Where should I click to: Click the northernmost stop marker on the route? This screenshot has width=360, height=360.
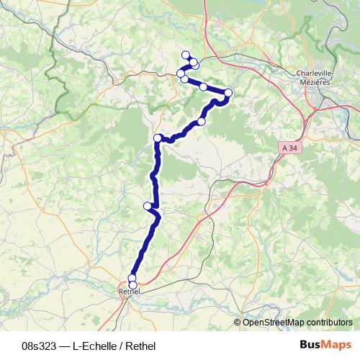point(186,55)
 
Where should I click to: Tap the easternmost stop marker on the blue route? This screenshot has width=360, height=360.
point(228,92)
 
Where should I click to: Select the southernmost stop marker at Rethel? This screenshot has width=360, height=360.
point(132,285)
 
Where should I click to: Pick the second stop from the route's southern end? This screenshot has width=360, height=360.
point(132,278)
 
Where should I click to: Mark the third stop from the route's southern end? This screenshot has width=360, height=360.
point(148,206)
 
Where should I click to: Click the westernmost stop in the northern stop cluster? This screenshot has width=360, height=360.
point(181,73)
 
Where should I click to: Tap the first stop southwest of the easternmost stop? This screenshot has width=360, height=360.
point(202,122)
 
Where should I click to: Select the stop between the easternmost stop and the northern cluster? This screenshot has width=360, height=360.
point(204,87)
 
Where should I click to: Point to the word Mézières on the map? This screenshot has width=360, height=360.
point(313,82)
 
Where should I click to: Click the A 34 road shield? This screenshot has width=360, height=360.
point(288,147)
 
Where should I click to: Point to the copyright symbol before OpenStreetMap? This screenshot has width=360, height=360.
point(238,322)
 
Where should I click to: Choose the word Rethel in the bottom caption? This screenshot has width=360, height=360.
point(140,344)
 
